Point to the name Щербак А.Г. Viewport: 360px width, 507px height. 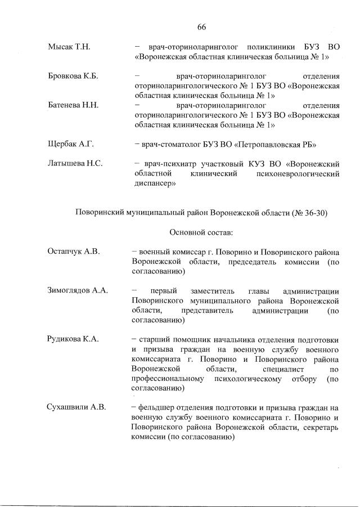tap(70, 144)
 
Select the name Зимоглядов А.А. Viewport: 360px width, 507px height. tap(78, 290)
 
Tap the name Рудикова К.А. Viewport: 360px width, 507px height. tap(74, 339)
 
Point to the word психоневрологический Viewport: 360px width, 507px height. tap(299, 174)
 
